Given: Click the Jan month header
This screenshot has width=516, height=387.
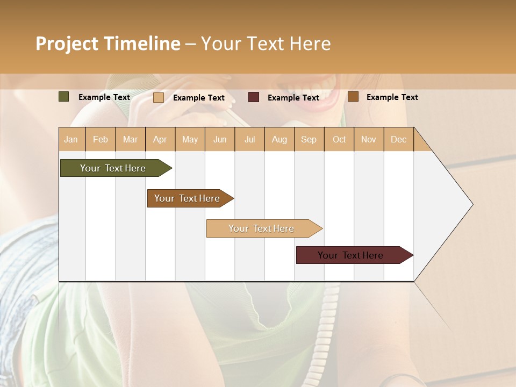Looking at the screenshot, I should coord(71,140).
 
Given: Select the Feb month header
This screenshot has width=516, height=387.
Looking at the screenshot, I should coord(101,140).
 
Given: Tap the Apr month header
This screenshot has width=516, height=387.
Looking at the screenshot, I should coord(160,140).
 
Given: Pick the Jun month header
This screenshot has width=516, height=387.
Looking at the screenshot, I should coord(220,140).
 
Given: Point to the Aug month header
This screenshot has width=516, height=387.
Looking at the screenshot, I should coord(279,140).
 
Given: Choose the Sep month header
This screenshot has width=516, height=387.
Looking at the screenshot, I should coord(309,140).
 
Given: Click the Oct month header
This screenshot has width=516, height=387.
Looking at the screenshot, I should coord(339,140).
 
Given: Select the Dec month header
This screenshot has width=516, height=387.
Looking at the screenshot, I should coord(399,140).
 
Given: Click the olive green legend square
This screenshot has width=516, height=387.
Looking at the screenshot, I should coord(64,97).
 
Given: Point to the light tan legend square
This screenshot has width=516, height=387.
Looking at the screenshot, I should coord(159,97).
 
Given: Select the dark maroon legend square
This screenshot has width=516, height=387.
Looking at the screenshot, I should coord(254,97).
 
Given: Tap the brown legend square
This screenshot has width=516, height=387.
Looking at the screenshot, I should coord(353,97).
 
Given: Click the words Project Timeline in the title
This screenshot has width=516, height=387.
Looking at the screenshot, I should coord(107,44).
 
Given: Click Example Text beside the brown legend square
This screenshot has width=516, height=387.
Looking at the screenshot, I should coord(392,97).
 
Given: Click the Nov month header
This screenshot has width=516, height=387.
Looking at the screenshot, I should coord(369,140).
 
